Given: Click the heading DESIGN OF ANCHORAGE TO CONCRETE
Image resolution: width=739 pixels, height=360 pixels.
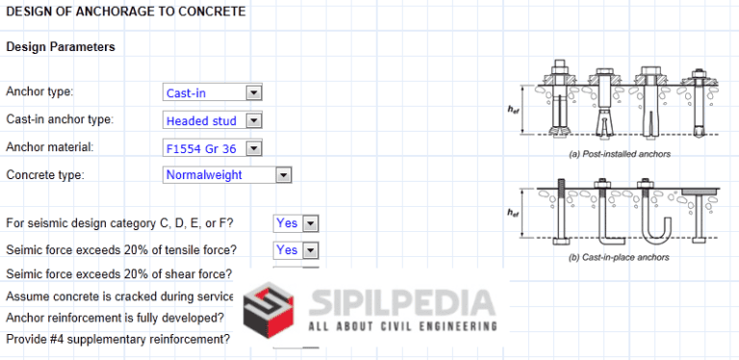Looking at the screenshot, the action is pyautogui.click(x=125, y=13).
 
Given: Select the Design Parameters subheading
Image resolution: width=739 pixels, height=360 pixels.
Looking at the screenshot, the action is pyautogui.click(x=61, y=46).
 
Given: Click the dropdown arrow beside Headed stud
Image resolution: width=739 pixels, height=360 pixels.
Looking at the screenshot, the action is pyautogui.click(x=254, y=121).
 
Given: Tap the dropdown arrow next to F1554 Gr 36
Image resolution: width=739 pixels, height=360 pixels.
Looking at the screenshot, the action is pyautogui.click(x=254, y=148).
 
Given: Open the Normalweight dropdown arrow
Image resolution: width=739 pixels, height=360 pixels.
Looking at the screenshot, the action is pyautogui.click(x=283, y=175).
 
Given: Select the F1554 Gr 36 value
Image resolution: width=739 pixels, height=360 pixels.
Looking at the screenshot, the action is pyautogui.click(x=203, y=148).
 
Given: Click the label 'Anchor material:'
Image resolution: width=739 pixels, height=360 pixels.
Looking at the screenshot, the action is pyautogui.click(x=50, y=147).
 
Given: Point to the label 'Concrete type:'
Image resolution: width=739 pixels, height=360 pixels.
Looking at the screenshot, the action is pyautogui.click(x=45, y=175).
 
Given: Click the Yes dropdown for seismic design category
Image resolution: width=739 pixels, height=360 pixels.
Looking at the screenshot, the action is pyautogui.click(x=311, y=223).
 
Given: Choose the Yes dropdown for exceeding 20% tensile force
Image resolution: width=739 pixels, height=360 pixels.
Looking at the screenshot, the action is pyautogui.click(x=311, y=250).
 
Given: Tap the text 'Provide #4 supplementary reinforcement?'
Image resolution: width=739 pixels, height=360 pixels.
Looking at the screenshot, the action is pyautogui.click(x=118, y=339).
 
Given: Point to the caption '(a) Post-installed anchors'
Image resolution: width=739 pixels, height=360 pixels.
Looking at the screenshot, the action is pyautogui.click(x=620, y=153).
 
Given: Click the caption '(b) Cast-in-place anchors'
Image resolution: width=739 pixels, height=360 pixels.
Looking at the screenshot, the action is pyautogui.click(x=619, y=257).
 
